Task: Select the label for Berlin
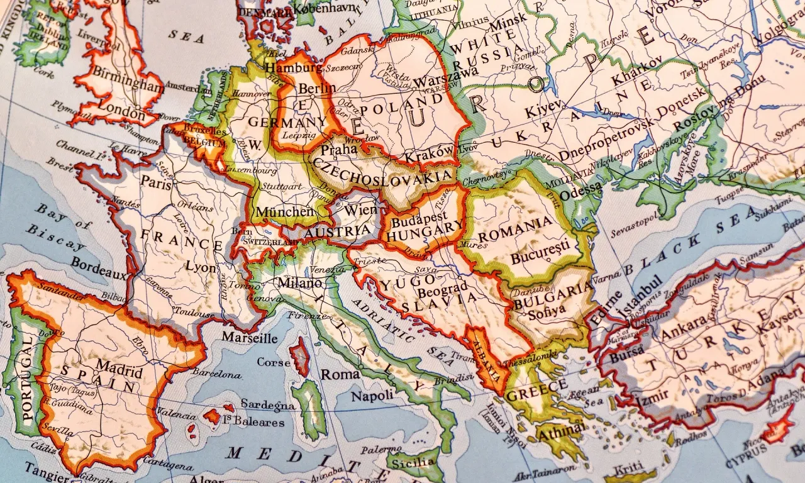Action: (317, 88)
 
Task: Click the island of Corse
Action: (299, 357)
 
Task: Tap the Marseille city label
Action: (249, 338)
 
